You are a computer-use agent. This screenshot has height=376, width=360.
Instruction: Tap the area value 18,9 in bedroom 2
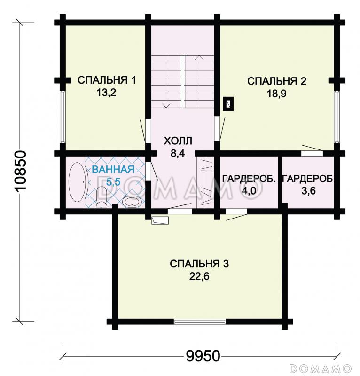click(x=277, y=94)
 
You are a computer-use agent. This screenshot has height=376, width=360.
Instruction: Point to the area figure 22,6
click(x=199, y=276)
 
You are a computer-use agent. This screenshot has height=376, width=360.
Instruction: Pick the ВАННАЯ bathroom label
click(x=113, y=170)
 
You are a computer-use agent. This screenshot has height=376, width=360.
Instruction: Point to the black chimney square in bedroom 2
click(x=228, y=103)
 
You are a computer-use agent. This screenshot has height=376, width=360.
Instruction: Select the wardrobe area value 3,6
click(x=307, y=191)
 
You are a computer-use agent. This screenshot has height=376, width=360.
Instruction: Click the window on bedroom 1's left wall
click(x=62, y=115)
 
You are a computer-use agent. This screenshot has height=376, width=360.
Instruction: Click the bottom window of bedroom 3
click(x=199, y=322)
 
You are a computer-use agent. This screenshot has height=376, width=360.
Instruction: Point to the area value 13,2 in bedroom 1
click(x=106, y=93)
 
